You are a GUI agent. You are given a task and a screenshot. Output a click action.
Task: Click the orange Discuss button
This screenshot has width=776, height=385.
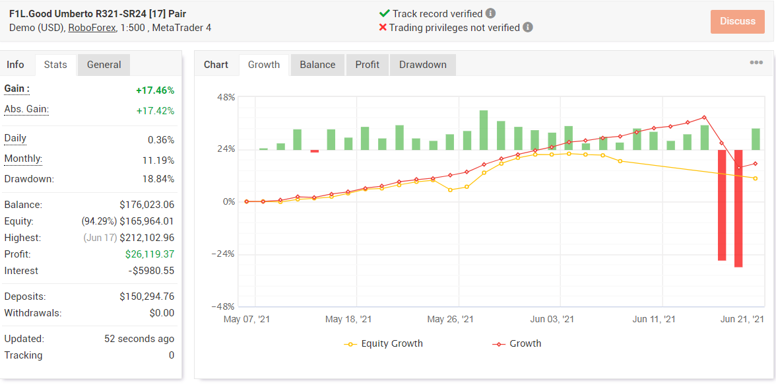click(738, 21)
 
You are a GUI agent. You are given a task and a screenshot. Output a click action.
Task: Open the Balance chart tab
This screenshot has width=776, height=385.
click(317, 65)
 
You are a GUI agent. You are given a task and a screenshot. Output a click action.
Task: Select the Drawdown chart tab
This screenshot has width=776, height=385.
click(422, 65)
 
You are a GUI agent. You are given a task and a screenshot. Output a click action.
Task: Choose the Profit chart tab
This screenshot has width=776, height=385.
click(367, 65)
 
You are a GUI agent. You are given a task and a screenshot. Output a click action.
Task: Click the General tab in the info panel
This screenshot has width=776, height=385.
click(104, 65)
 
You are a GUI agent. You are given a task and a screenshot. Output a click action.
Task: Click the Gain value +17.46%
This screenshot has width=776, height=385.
click(155, 90)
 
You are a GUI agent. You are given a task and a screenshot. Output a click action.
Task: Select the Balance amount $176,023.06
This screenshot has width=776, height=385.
click(147, 205)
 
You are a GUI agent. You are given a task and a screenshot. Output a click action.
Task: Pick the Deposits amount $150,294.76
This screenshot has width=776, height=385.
click(147, 297)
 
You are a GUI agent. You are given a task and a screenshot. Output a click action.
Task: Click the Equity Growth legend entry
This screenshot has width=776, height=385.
click(383, 343)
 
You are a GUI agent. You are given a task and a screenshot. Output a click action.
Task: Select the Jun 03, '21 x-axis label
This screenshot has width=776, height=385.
click(554, 319)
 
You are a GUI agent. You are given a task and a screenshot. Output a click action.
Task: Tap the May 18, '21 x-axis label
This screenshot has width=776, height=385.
click(348, 319)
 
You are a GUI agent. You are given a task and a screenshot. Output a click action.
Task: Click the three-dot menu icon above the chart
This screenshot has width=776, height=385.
click(756, 63)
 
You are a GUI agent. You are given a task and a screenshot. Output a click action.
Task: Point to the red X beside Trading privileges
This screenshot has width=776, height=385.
click(383, 27)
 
